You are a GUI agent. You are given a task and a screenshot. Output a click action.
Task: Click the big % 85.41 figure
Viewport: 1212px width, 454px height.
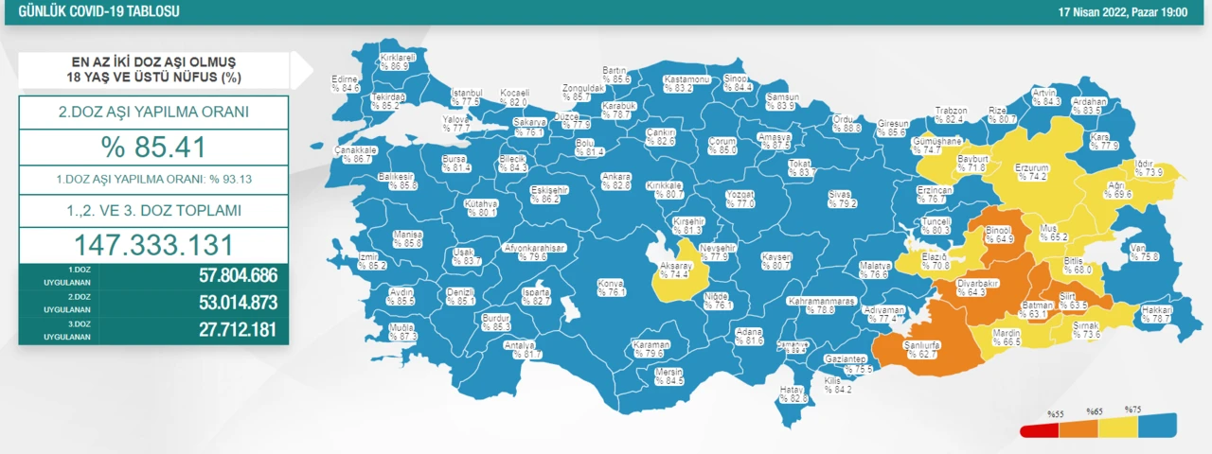coord(153,147)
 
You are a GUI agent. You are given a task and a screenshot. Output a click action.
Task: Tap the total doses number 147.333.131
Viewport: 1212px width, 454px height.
coord(153,245)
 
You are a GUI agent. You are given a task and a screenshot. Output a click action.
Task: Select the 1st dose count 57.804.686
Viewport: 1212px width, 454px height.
coord(224,276)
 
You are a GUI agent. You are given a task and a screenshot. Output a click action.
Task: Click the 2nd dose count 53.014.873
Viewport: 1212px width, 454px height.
coord(224,303)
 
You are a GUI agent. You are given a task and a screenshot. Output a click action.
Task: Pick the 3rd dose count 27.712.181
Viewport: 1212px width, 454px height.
coord(224,329)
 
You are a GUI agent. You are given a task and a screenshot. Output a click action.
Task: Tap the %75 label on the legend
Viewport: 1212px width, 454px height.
coord(1132,410)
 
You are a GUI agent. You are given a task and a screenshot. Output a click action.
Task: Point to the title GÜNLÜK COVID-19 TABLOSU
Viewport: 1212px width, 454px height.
coord(93,11)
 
